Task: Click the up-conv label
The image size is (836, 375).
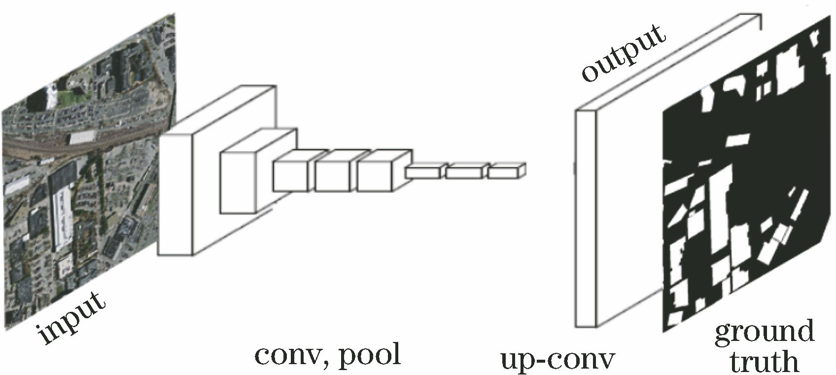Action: click(557, 361)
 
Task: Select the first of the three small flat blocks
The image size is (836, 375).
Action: click(422, 173)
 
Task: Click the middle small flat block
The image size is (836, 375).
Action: click(463, 173)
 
